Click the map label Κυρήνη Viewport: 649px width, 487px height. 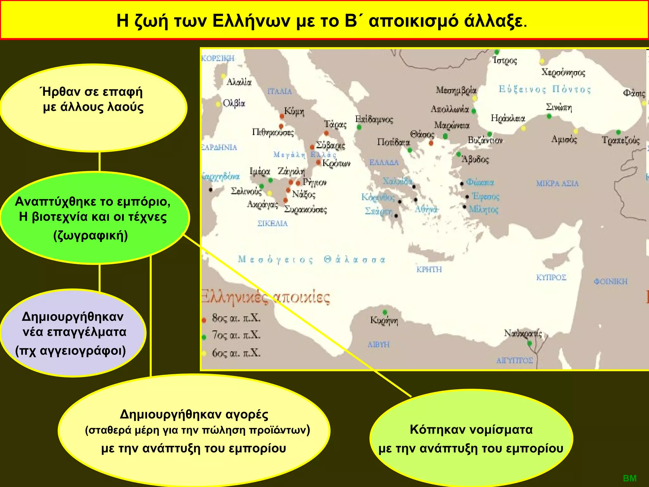[384, 321]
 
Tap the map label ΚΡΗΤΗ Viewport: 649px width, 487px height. [429, 269]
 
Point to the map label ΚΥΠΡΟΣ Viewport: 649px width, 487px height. [551, 277]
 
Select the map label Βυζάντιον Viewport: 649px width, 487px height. [485, 140]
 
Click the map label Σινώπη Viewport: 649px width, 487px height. [559, 107]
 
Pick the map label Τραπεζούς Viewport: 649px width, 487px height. [621, 140]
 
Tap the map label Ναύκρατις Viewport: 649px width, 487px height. [523, 334]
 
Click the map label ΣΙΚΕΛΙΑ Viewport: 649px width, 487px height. [273, 224]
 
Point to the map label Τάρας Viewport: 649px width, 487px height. [335, 124]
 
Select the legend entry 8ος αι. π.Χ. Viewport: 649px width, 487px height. [236, 318]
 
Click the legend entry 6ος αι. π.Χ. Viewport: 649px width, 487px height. [236, 353]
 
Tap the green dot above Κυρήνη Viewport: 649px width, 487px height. [385, 312]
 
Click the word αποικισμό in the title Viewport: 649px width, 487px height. [413, 21]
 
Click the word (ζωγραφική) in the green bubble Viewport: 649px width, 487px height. [91, 236]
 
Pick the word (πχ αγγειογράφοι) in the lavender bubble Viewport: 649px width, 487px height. [71, 351]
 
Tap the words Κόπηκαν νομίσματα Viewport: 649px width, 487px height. [471, 429]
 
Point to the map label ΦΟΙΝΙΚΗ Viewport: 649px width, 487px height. [610, 282]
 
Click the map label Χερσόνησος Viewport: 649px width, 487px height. [563, 72]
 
